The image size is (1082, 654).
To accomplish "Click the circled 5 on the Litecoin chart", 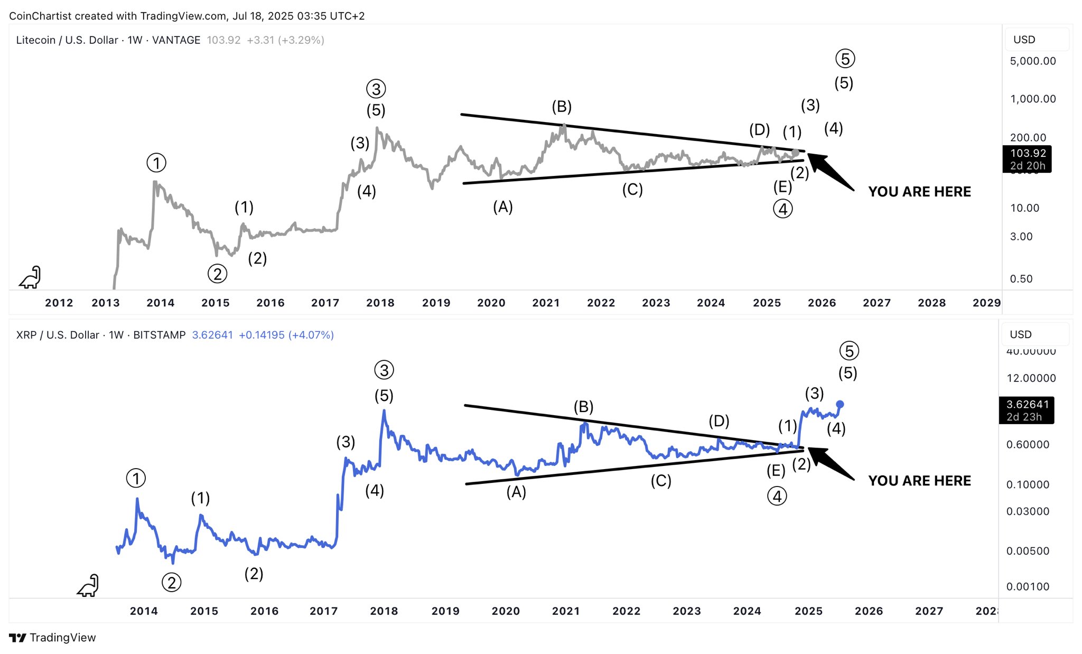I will coord(845,59).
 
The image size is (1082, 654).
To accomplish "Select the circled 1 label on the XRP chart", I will coord(136,479).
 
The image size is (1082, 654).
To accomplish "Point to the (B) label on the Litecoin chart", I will coord(562,107).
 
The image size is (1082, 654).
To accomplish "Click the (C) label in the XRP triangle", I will coord(660,481).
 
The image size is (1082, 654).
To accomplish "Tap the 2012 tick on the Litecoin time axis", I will coord(59,303).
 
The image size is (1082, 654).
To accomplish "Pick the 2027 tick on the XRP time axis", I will coord(929,611).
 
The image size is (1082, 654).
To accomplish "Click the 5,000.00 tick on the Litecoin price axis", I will coord(1033,61).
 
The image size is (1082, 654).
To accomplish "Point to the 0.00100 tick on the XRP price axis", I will coord(1028,586).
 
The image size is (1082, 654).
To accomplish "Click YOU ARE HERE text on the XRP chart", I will coord(919,481).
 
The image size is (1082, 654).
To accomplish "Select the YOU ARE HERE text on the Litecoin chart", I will coord(919,192).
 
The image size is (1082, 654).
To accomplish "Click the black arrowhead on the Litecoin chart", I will coord(816,160).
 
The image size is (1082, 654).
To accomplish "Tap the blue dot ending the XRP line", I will coord(840,404).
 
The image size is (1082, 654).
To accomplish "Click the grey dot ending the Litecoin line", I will coord(796,153).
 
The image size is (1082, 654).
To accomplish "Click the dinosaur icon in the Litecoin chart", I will coord(31,277).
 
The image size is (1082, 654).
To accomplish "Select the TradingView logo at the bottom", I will coord(52,638).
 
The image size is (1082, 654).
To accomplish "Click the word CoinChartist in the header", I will coord(40,16).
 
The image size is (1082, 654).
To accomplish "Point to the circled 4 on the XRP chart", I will coord(777,496).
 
